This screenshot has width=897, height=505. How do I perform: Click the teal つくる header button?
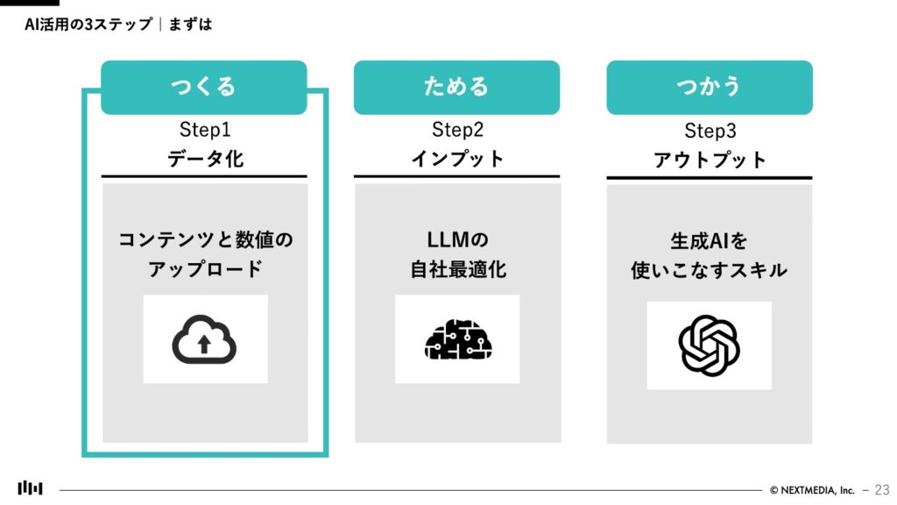tap(203, 87)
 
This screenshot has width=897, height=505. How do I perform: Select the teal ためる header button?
tap(456, 87)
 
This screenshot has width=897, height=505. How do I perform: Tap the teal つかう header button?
tap(709, 87)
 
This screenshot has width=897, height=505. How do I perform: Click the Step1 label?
tap(205, 131)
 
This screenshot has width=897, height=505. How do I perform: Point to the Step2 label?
tap(457, 131)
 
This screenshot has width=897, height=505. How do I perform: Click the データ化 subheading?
tap(205, 160)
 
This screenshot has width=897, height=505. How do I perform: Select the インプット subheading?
tap(457, 160)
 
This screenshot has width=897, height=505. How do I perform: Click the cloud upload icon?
tap(205, 339)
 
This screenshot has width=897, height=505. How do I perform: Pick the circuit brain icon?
tap(457, 339)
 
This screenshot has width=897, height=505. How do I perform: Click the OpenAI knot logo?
tap(709, 345)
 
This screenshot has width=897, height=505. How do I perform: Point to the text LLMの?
tap(457, 238)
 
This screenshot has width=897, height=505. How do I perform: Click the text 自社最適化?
tap(457, 269)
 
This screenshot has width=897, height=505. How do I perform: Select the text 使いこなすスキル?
tap(709, 271)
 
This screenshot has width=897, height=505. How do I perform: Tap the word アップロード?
tap(205, 269)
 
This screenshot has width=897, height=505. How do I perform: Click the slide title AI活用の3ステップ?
tap(88, 25)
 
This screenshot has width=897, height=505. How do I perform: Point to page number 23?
tap(881, 489)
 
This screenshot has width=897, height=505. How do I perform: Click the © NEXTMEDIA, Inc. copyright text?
tap(812, 490)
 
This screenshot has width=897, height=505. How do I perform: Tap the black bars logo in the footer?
tap(30, 488)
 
